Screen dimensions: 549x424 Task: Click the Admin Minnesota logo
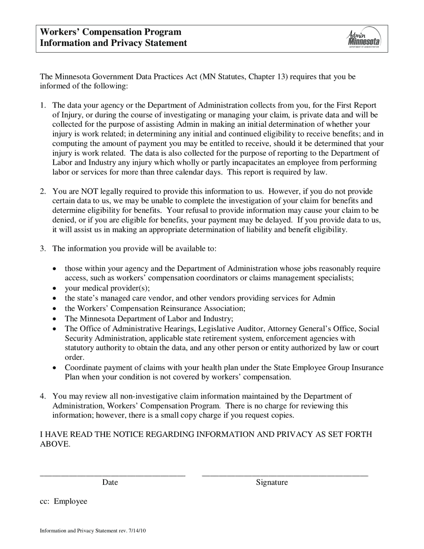click(x=364, y=38)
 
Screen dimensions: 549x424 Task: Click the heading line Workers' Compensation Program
click(x=111, y=32)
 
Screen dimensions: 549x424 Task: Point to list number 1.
click(x=43, y=105)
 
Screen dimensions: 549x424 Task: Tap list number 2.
click(x=43, y=191)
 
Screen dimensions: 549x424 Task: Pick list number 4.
click(x=43, y=396)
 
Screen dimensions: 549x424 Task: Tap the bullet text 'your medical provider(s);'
click(x=107, y=288)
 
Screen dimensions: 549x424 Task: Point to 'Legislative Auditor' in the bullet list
click(x=235, y=329)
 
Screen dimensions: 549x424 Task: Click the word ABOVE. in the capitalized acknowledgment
click(x=55, y=444)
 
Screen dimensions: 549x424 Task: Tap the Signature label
click(x=272, y=482)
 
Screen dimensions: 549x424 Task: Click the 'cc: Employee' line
click(x=63, y=501)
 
